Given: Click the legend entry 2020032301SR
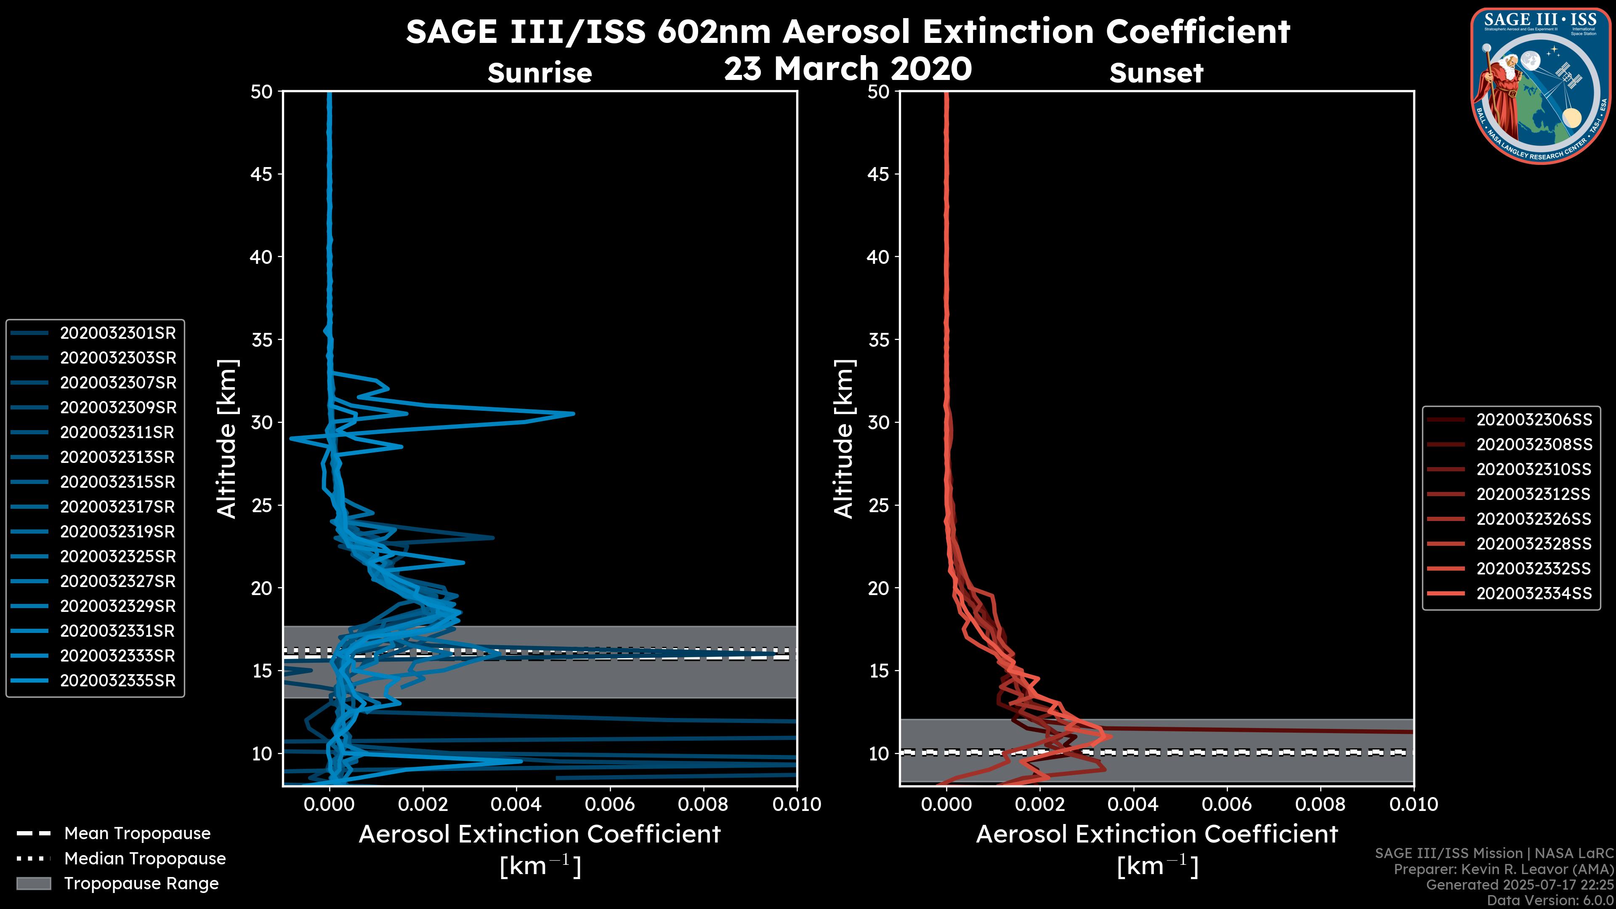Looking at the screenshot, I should pyautogui.click(x=117, y=333).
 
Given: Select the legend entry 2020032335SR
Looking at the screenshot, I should pyautogui.click(x=117, y=680).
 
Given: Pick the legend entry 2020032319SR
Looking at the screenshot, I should pyautogui.click(x=117, y=532).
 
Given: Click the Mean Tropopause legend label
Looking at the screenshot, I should pyautogui.click(x=137, y=833).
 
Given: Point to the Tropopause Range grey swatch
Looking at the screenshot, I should pyautogui.click(x=33, y=883).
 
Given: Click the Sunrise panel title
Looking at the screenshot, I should pyautogui.click(x=540, y=73).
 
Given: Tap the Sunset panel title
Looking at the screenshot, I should pyautogui.click(x=1156, y=73).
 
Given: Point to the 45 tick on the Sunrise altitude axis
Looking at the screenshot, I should pyautogui.click(x=262, y=174).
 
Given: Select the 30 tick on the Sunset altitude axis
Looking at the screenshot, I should pyautogui.click(x=880, y=422).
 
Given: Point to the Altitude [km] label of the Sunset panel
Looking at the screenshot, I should pyautogui.click(x=844, y=439).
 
